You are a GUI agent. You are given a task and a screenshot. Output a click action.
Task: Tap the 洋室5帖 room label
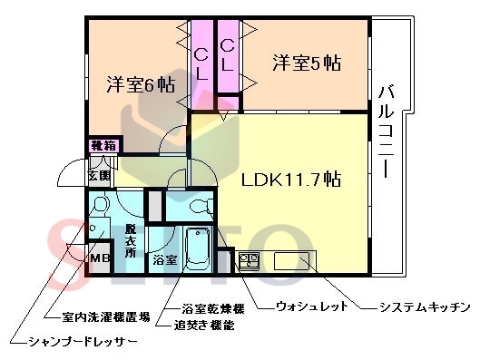tap(309, 63)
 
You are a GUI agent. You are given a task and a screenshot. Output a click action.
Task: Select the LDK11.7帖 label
tap(290, 179)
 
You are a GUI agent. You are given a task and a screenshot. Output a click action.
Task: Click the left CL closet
tap(201, 63)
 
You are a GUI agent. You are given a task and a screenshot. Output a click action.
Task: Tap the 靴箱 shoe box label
tap(102, 145)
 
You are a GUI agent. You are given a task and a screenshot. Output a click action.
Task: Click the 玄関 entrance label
tap(99, 175)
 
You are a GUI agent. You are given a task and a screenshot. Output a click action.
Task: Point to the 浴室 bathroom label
tap(164, 261)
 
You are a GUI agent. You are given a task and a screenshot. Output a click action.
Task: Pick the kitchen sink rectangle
tap(291, 261)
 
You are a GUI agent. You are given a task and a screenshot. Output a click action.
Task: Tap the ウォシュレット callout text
tap(311, 308)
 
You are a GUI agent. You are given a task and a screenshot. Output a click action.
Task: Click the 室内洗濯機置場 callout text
tap(106, 317)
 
